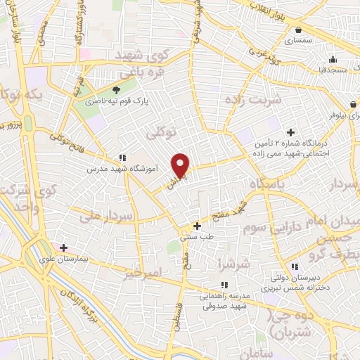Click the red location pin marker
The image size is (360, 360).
tap(181, 165)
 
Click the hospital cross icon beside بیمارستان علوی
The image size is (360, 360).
tap(64, 247)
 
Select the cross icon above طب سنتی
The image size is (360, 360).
tap(197, 226)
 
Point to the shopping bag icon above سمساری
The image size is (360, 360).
tap(300, 30)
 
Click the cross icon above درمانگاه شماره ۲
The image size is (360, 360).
tap(291, 131)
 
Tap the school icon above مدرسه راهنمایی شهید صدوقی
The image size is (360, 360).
tap(224, 285)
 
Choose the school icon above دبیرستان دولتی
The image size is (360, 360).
tap(294, 266)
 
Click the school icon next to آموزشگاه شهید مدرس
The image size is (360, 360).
tap(122, 158)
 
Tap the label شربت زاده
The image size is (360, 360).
tap(252, 99)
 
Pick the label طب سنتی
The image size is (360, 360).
tap(196, 238)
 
